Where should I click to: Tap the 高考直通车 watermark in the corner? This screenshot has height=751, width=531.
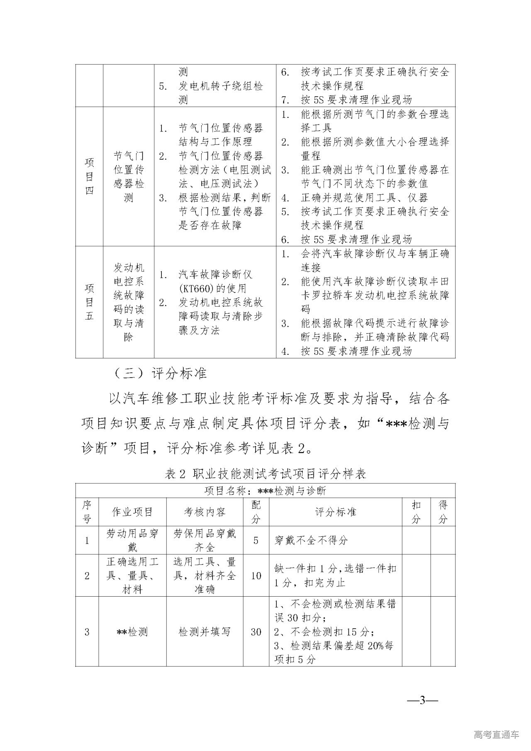[496, 735]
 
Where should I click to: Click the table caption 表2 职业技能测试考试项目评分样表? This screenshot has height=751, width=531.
[265, 473]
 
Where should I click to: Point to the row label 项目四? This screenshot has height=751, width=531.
[89, 176]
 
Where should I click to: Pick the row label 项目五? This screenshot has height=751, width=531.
[89, 302]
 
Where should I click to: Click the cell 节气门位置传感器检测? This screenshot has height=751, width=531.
[129, 176]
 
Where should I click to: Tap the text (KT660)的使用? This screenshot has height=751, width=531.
[212, 288]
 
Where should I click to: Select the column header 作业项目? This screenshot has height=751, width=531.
[132, 512]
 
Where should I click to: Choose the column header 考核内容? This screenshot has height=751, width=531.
[205, 512]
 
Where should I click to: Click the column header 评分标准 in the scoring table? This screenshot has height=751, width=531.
[336, 512]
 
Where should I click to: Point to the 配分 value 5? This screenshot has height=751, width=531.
[256, 540]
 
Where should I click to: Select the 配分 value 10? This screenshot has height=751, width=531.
[256, 575]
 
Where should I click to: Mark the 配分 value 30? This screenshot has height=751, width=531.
[256, 632]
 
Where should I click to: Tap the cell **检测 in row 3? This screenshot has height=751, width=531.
[132, 632]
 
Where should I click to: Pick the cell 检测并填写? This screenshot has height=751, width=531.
[205, 632]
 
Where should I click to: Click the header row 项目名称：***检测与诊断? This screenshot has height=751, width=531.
[265, 491]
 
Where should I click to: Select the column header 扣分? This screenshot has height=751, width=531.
[416, 512]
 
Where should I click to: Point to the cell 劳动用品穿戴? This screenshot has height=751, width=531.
[132, 540]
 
